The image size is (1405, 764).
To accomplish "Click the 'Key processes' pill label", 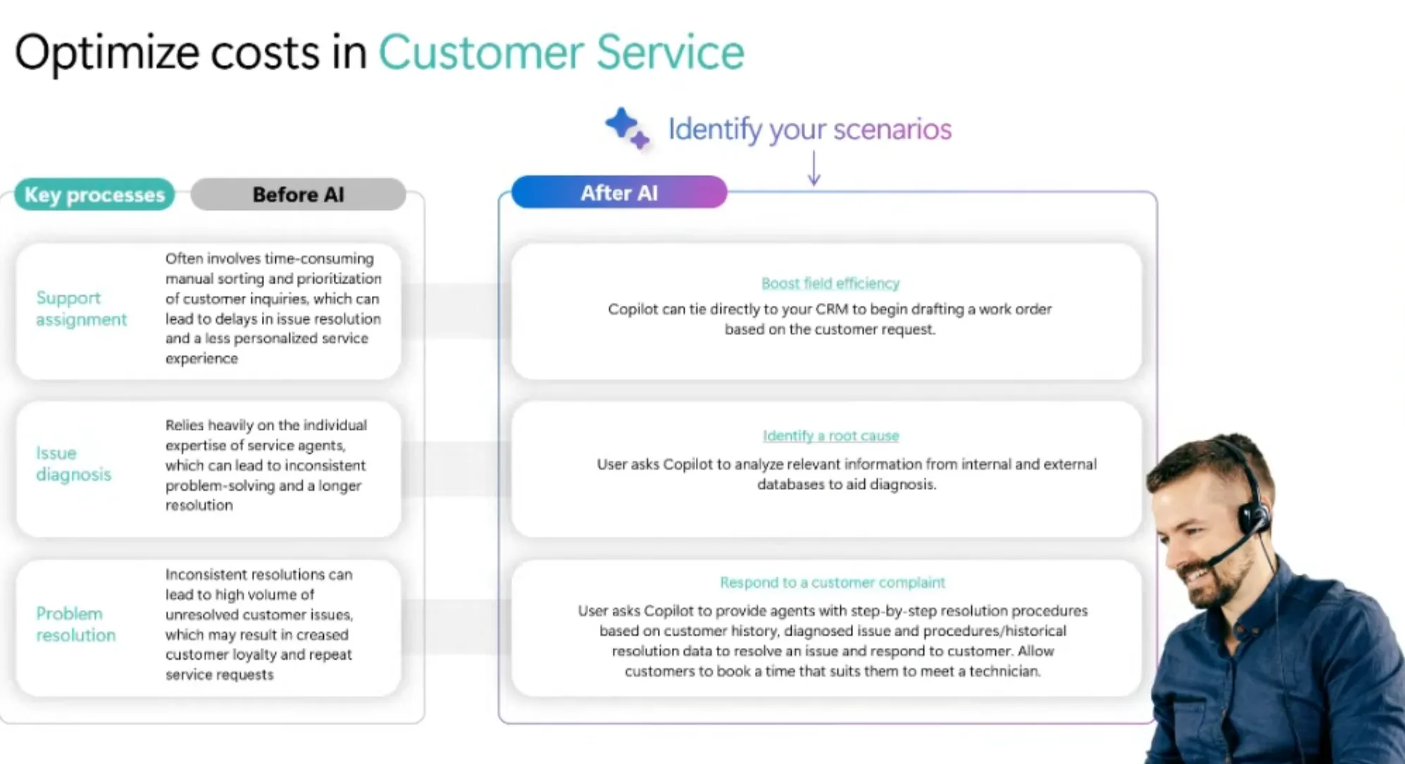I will (94, 195).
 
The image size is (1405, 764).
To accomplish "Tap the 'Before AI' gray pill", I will (298, 194).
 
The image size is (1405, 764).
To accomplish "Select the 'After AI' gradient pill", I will (619, 193).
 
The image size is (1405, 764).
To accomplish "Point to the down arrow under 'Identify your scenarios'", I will (813, 169).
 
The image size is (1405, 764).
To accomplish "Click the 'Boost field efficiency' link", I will (830, 284).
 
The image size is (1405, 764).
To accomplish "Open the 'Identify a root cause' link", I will (830, 436).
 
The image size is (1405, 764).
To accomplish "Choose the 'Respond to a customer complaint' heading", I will (832, 582).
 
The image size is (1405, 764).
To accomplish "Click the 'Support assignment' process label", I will (81, 308).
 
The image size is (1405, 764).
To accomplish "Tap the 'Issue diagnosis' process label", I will (73, 463).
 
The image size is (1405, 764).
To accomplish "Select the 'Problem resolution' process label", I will (75, 624).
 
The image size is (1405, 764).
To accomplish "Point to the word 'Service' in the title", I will (670, 53).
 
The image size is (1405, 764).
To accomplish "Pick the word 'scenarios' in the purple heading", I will (892, 130).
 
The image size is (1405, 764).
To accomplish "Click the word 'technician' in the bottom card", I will (1004, 671).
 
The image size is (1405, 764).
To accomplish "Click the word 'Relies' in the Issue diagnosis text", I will (184, 425).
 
